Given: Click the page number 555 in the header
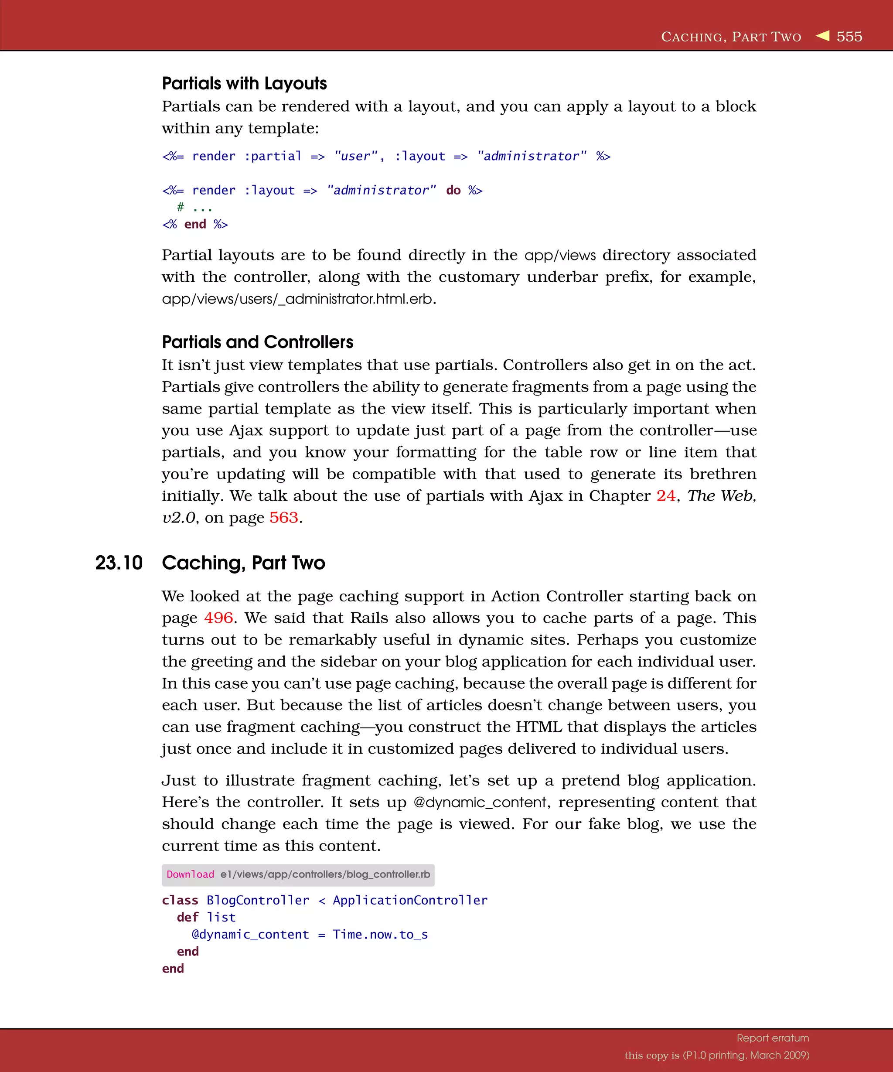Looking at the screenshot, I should coord(849,37).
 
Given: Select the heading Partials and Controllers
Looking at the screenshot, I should coord(257,342).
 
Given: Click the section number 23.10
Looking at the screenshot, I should coord(119,563).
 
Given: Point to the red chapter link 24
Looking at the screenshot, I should coord(665,496).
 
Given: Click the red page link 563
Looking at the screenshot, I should coord(284,518).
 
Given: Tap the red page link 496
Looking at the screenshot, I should coord(218,618).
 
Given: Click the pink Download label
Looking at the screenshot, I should coord(191,874).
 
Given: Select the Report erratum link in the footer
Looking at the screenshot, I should coord(773,1038).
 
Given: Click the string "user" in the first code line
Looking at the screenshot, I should coord(356,156).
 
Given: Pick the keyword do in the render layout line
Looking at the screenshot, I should coord(453,191).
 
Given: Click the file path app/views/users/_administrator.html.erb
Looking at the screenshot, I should coord(297,299).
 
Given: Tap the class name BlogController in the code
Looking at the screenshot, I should coord(258,901).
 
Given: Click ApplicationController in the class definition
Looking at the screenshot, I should coord(410,901).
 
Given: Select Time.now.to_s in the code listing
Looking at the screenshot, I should coord(380,935).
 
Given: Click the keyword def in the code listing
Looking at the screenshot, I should coord(187,917).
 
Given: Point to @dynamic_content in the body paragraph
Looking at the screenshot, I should coord(480,802).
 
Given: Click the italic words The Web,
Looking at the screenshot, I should coord(722,496).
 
